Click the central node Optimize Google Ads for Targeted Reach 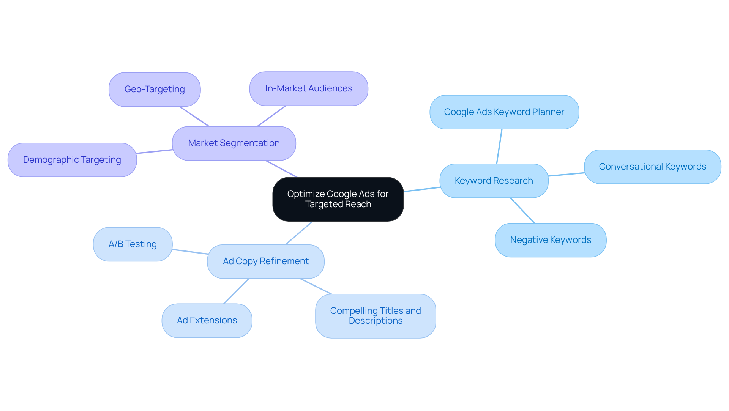(x=338, y=199)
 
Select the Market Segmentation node (x=234, y=143)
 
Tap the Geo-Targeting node (x=155, y=90)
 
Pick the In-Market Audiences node (x=309, y=89)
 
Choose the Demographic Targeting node (x=72, y=160)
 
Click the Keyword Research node (x=494, y=181)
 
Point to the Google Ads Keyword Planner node (x=504, y=112)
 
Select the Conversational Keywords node (x=652, y=167)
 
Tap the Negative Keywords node (x=551, y=240)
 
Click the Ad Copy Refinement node (x=265, y=261)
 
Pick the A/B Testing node (x=133, y=244)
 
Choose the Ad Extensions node (x=207, y=321)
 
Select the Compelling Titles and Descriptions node (x=376, y=316)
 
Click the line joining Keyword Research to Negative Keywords (x=522, y=211)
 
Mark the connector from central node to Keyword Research (x=422, y=189)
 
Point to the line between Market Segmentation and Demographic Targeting (x=155, y=151)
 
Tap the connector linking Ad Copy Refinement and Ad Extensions (x=236, y=291)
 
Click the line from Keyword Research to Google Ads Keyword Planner (x=499, y=146)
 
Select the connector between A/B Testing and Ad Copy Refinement (x=190, y=252)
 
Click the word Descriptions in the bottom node (x=376, y=321)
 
